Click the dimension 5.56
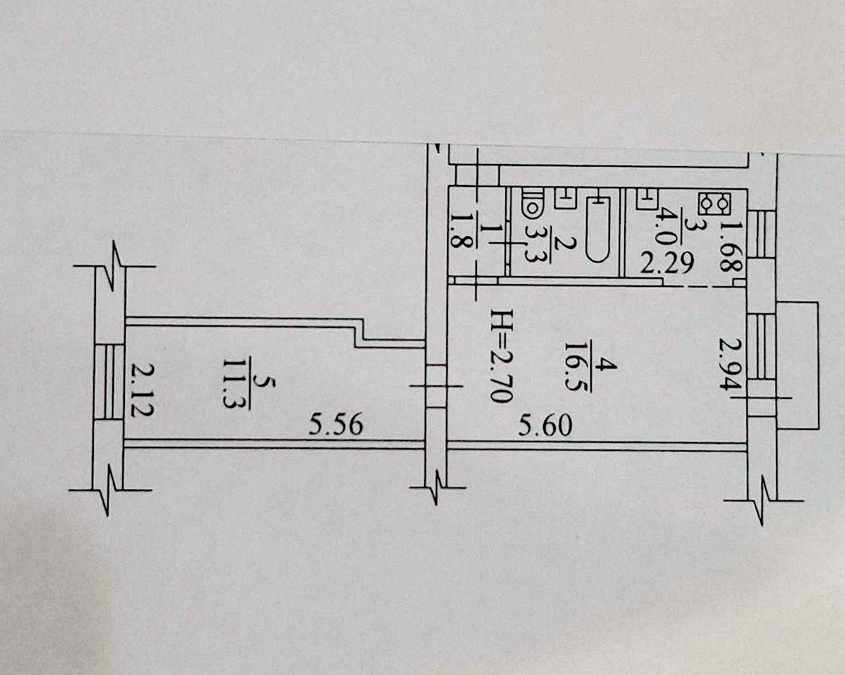point(336,425)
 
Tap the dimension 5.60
point(545,427)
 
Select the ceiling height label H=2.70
point(502,356)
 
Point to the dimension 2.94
point(730,364)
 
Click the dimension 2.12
point(143,389)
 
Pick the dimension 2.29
point(667,263)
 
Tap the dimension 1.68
point(731,247)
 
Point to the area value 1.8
point(459,236)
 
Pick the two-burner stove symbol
point(714,205)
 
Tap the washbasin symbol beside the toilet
point(565,198)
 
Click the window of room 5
point(109,382)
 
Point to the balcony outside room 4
point(797,365)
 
